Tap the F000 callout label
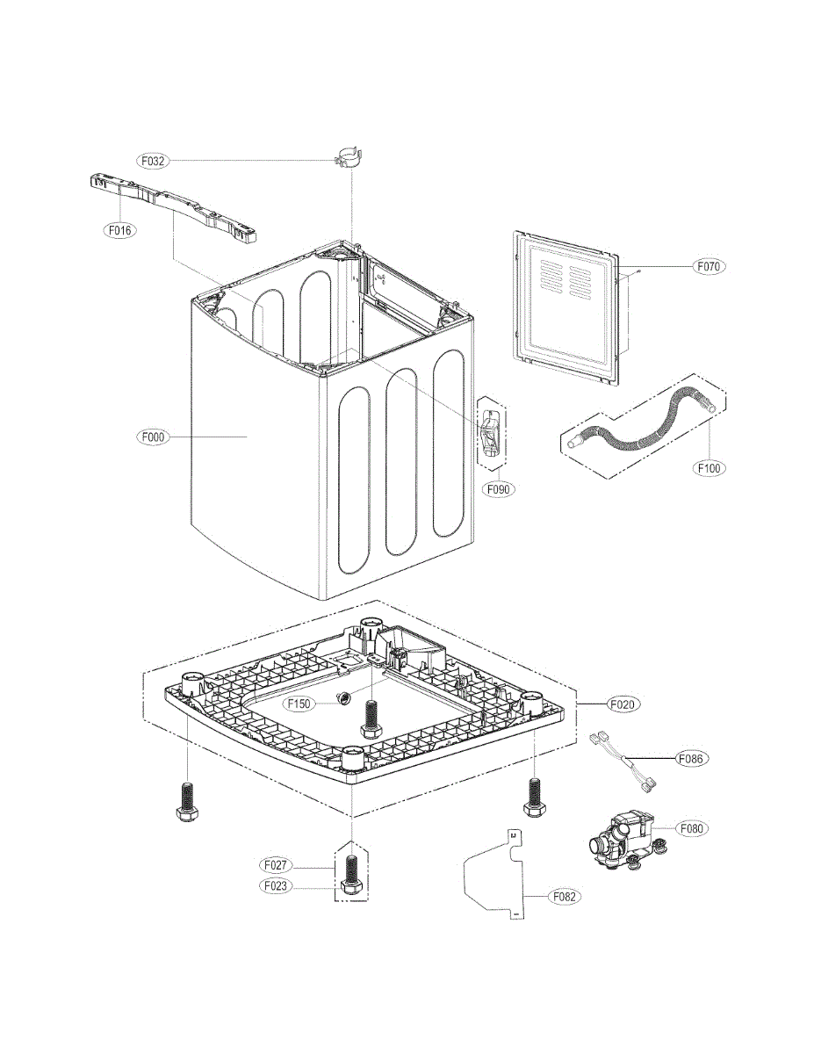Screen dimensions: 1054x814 click(153, 436)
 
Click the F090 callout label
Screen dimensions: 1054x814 click(497, 488)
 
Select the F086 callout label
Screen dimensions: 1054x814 click(692, 757)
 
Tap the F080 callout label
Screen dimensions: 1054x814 click(692, 827)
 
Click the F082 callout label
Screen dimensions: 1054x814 click(566, 897)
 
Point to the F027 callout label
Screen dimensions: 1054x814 click(277, 865)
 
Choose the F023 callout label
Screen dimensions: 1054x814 click(277, 886)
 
